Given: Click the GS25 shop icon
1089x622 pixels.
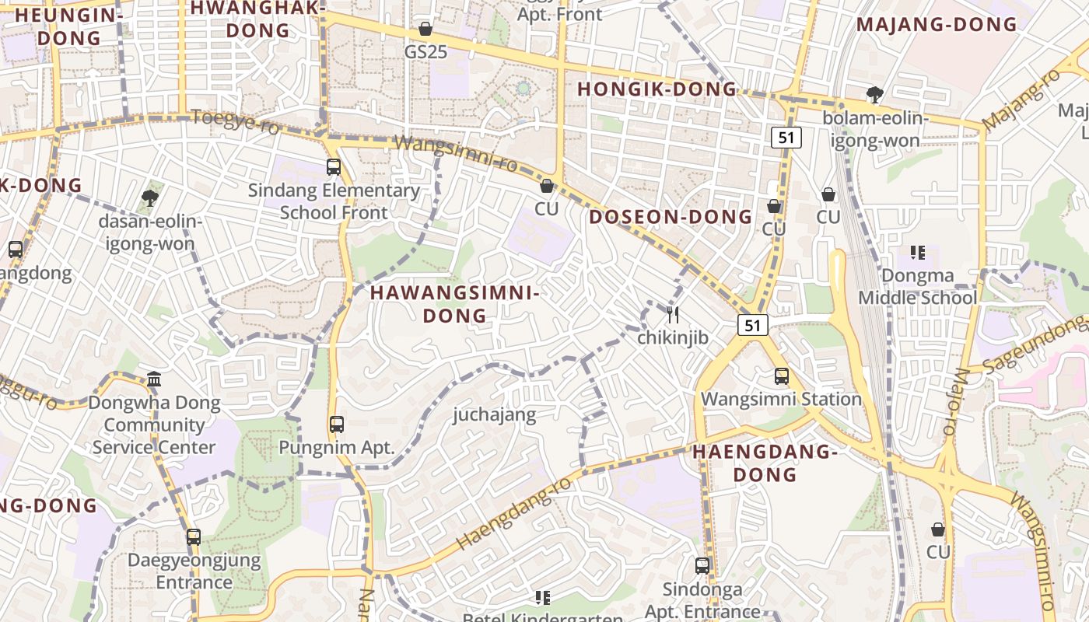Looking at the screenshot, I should click(425, 30).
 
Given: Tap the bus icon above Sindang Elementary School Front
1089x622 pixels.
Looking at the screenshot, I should click(334, 167).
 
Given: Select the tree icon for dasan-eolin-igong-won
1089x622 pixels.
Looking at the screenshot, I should click(150, 198).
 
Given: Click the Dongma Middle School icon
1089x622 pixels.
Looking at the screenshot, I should click(918, 253).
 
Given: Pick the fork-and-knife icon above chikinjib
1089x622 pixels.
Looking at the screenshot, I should click(673, 315).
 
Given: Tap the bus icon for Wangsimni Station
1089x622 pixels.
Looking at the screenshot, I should click(782, 376).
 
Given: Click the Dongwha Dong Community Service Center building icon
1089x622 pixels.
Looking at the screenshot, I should click(154, 380).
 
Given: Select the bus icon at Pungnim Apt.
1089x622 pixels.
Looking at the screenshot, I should click(337, 425).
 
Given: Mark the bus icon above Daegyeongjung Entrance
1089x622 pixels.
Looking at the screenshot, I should click(194, 537).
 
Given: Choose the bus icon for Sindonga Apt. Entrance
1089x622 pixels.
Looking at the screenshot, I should click(702, 566).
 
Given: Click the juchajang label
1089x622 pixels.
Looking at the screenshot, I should click(495, 414).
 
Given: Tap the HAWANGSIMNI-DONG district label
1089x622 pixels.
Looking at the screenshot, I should click(454, 304).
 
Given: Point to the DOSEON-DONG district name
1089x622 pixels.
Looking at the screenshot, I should click(671, 217).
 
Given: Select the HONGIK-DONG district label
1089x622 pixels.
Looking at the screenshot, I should click(657, 89).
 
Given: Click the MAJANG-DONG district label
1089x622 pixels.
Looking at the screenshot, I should click(937, 25).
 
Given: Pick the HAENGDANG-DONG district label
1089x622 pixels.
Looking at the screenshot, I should click(765, 463).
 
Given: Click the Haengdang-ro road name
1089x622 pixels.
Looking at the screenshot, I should click(514, 514).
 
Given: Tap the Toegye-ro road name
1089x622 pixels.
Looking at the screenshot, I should click(235, 122).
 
